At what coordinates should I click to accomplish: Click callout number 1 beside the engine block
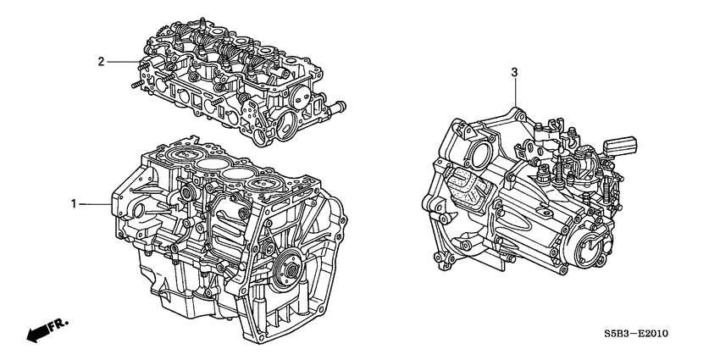click(x=75, y=204)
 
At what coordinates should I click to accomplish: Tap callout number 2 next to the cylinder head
click(x=101, y=61)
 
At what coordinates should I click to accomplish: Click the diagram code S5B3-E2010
click(x=635, y=336)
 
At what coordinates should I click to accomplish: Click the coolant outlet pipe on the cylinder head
click(x=336, y=108)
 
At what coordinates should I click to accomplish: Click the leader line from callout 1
click(x=95, y=204)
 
